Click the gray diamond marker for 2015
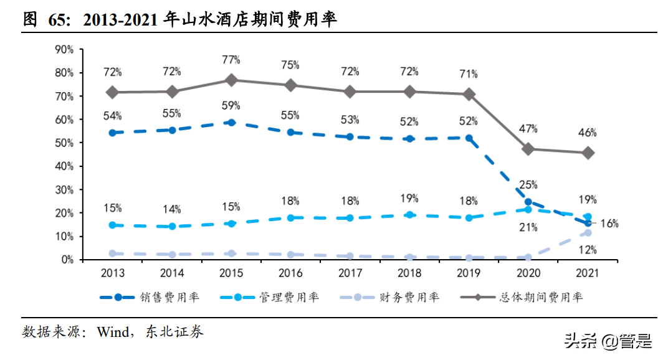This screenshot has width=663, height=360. tap(231, 80)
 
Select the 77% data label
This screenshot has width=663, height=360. tap(231, 60)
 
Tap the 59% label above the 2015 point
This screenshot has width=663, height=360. tap(231, 105)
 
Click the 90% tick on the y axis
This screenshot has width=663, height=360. tap(64, 49)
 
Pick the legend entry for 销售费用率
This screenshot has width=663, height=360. tap(149, 297)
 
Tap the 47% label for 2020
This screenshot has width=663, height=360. tap(528, 129)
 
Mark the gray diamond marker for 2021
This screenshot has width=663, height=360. tap(588, 153)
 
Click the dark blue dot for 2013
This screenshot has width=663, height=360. tap(112, 133)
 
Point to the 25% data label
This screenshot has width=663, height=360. tap(528, 185)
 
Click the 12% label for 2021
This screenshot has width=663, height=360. tap(588, 250)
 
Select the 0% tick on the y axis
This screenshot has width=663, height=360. tap(67, 260)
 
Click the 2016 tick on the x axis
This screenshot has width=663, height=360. tap(291, 273)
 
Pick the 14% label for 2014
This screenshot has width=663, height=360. tap(172, 209)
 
